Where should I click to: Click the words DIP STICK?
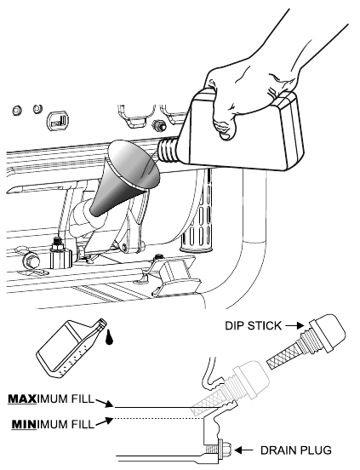pyautogui.click(x=253, y=325)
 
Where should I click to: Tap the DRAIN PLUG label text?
pyautogui.click(x=296, y=450)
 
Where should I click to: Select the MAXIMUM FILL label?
pyautogui.click(x=51, y=399)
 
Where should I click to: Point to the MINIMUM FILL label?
pyautogui.click(x=53, y=424)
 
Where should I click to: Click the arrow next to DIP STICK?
pyautogui.click(x=294, y=325)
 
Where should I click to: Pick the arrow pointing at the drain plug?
pyautogui.click(x=243, y=450)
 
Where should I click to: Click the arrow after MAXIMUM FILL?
pyautogui.click(x=105, y=403)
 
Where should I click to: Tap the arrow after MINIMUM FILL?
pyautogui.click(x=105, y=421)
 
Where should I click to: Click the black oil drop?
pyautogui.click(x=109, y=337)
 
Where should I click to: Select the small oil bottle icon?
pyautogui.click(x=71, y=347)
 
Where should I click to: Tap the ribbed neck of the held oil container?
pyautogui.click(x=169, y=151)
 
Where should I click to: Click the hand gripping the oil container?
pyautogui.click(x=254, y=90)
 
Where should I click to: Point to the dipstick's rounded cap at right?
pyautogui.click(x=328, y=332)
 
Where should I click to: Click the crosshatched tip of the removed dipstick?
pyautogui.click(x=282, y=358)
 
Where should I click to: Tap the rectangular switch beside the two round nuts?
pyautogui.click(x=58, y=122)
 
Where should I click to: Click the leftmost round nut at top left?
pyautogui.click(x=17, y=110)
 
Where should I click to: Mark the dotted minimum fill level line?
pyautogui.click(x=159, y=418)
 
